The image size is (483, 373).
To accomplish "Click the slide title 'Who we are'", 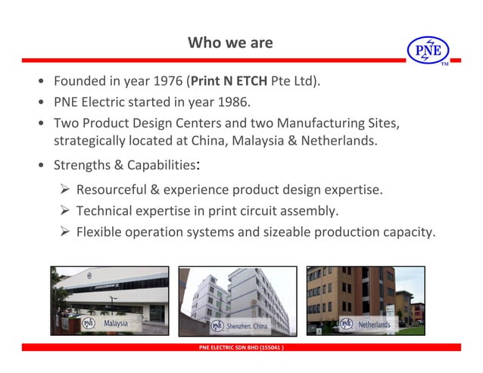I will (x=230, y=42).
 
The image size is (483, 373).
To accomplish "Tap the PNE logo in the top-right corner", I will (x=428, y=50).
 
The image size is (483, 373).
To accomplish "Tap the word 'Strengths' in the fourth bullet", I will (x=80, y=165).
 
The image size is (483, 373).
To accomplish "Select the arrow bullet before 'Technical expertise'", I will (x=64, y=210).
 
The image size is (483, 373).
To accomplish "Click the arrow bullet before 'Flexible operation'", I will (x=64, y=232).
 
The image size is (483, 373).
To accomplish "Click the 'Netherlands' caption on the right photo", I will (x=374, y=325).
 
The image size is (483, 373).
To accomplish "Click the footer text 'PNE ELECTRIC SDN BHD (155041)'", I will (x=241, y=348).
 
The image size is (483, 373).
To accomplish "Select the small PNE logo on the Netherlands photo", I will (x=346, y=324).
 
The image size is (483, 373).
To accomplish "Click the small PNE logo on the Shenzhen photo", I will (x=217, y=326).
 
